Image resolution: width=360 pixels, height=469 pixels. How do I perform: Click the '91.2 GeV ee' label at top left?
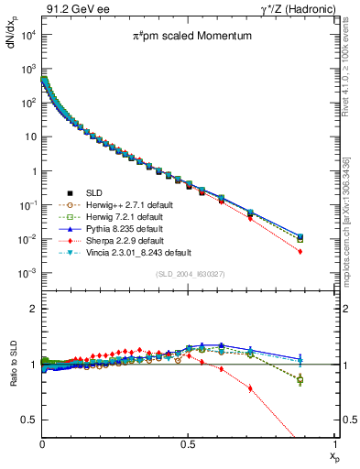[70, 8]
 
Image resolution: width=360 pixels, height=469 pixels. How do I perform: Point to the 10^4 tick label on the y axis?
[27, 35]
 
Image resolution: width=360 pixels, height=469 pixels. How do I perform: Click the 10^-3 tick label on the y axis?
[27, 274]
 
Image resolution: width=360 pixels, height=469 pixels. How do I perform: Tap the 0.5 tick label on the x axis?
[187, 442]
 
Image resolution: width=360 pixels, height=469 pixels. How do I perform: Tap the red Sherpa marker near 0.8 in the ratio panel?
[250, 387]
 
